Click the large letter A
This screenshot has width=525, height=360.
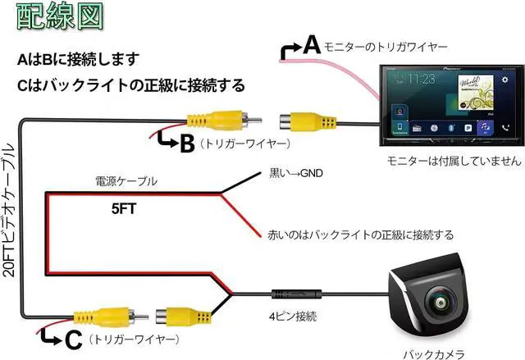click(x=311, y=45)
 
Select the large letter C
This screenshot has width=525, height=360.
click(x=72, y=337)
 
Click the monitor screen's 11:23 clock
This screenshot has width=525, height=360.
click(x=422, y=80)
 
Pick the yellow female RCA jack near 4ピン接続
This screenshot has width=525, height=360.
click(x=184, y=313)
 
